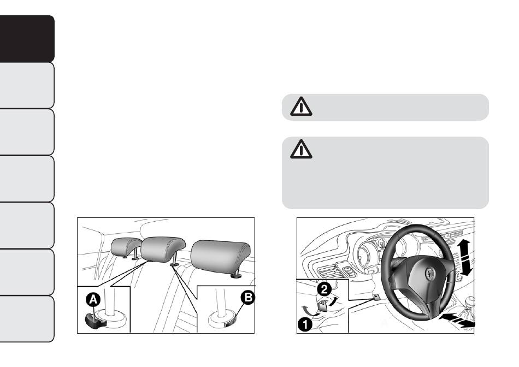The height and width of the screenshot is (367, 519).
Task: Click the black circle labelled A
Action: [x=93, y=300]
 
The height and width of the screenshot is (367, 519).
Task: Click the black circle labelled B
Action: [x=248, y=298]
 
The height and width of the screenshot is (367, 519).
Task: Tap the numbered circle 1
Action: [x=305, y=324]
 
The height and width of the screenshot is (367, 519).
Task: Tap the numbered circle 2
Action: [x=324, y=289]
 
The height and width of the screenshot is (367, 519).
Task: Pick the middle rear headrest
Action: [x=162, y=249]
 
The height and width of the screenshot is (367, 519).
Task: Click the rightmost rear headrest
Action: [x=221, y=257]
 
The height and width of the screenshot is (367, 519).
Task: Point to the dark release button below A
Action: [x=95, y=321]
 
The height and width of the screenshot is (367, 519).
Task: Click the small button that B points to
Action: [x=229, y=324]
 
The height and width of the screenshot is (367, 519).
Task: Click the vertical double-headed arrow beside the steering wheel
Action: [x=465, y=258]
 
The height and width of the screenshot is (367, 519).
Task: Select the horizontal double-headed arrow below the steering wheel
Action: [x=457, y=321]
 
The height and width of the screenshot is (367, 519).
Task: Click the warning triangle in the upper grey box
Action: [x=301, y=106]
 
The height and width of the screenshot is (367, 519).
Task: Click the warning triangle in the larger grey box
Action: [x=301, y=149]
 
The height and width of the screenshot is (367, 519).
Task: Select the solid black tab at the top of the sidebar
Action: [x=27, y=39]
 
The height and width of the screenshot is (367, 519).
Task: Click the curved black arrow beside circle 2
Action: [x=334, y=301]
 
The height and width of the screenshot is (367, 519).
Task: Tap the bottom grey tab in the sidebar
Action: [x=27, y=319]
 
